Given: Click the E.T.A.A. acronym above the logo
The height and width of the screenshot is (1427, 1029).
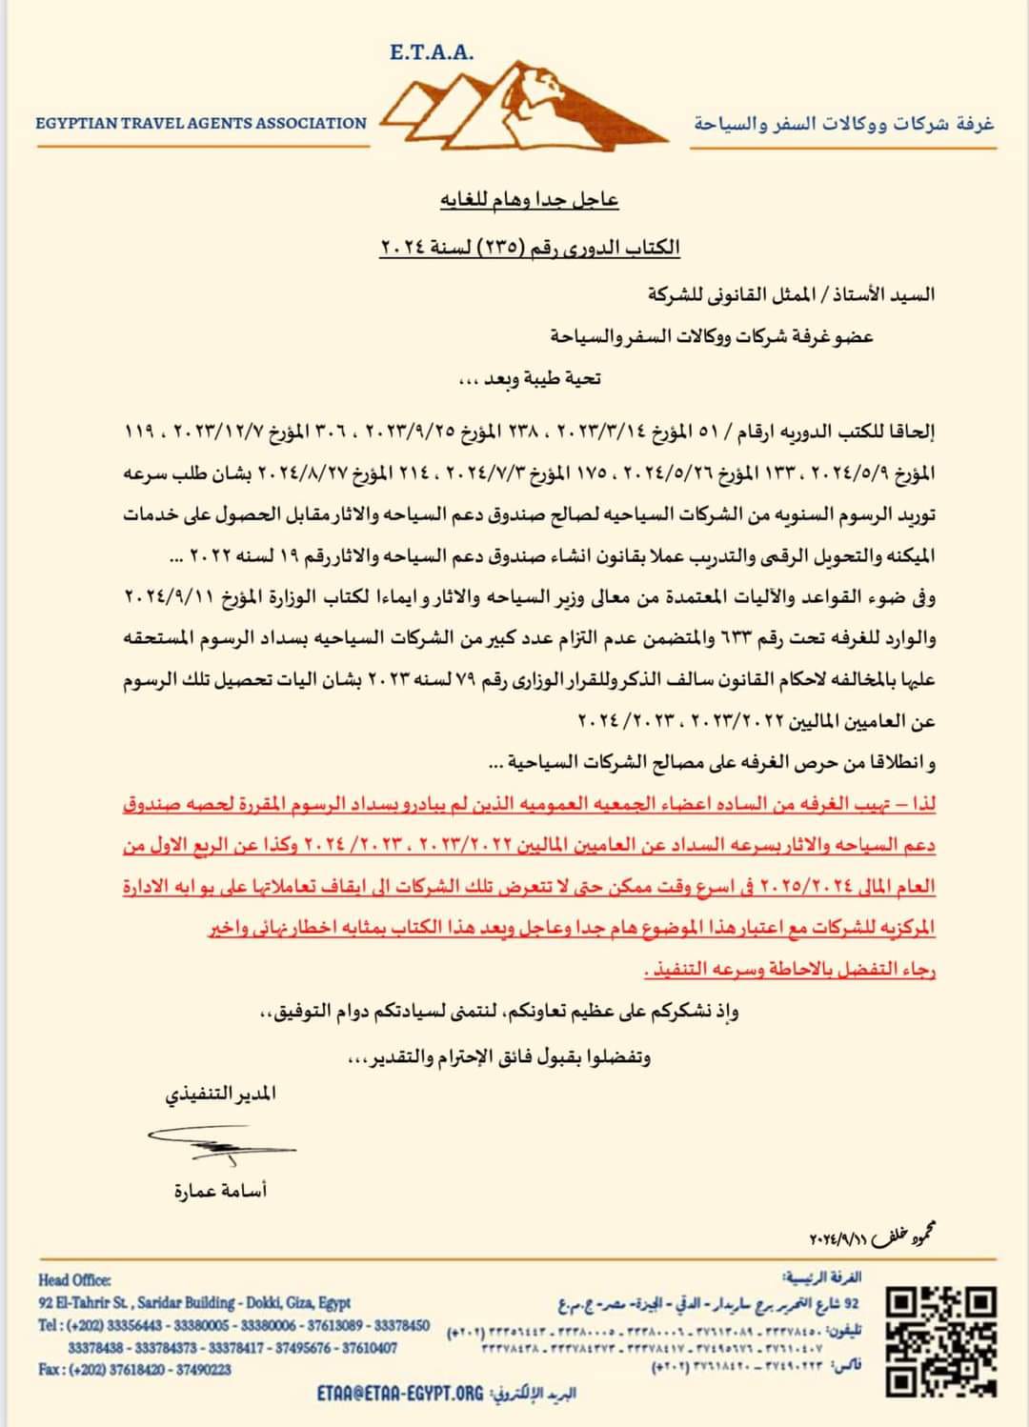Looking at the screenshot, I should [432, 52].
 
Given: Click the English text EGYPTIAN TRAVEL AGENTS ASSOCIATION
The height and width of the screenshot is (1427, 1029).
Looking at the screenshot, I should [201, 123].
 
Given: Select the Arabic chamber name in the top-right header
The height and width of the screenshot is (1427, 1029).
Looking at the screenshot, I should [843, 124].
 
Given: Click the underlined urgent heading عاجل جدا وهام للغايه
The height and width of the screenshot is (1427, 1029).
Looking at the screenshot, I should [530, 200].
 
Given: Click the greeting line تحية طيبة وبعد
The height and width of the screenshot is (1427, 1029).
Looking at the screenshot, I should [530, 378].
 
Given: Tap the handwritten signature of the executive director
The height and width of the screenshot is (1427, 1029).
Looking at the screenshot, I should [221, 1142].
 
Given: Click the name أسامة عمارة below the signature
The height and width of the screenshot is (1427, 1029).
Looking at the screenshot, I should [220, 1191].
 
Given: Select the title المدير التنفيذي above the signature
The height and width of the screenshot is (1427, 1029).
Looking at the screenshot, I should [220, 1094].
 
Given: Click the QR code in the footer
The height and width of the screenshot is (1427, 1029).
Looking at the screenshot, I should [940, 1340].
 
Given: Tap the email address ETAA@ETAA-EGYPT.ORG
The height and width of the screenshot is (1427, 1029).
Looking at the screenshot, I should [400, 1393].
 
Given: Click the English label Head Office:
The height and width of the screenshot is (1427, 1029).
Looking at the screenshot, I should [75, 1280].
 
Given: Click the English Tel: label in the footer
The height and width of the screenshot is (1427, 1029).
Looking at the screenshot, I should [50, 1325].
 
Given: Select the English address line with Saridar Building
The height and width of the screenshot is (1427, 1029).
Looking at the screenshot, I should [194, 1302].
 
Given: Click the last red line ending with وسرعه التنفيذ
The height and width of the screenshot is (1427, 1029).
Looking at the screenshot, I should [790, 970].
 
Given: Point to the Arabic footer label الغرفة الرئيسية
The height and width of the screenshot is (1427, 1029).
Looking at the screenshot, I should [820, 1276].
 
